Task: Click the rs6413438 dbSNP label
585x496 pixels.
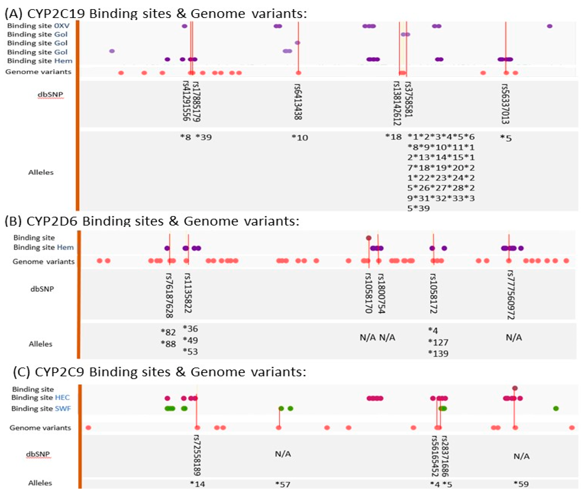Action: pos(298,102)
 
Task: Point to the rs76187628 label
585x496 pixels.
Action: pos(169,295)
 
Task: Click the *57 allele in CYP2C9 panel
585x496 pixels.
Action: pos(283,484)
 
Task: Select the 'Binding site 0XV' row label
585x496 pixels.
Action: pos(38,26)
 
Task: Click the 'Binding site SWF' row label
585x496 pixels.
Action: pos(41,409)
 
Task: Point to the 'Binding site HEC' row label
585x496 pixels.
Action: pos(40,398)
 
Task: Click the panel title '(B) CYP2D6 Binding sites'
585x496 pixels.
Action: pos(152,221)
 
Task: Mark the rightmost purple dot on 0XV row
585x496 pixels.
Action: pos(550,26)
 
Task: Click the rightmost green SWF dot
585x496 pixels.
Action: pos(556,409)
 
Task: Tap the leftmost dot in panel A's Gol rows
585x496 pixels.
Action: pos(112,51)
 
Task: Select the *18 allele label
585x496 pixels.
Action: pos(393,137)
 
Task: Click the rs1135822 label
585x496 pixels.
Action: pos(188,293)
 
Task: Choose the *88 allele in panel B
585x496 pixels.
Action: pos(168,344)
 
